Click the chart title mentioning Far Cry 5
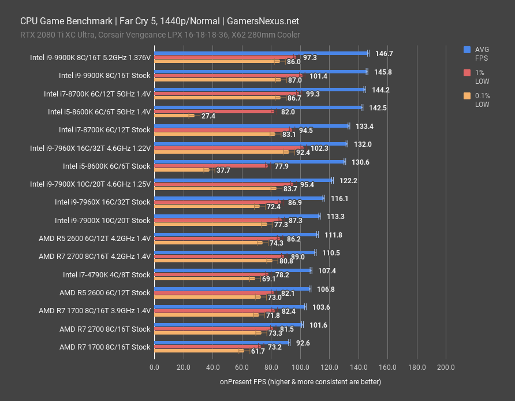tap(159, 21)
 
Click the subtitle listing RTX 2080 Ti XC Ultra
tap(160, 35)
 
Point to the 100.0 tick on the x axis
tap(300, 367)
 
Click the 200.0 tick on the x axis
tap(446, 367)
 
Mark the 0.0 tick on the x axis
tap(154, 367)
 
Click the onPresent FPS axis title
tap(300, 382)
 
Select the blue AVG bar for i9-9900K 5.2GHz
tap(261, 53)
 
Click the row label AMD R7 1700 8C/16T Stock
tap(105, 347)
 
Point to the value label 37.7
tap(223, 170)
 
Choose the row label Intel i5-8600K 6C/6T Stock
tap(107, 166)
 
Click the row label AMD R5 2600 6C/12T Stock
tap(105, 292)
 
